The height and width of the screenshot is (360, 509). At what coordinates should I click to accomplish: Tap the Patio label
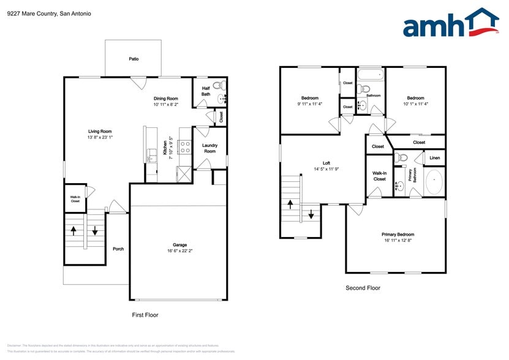click(134, 59)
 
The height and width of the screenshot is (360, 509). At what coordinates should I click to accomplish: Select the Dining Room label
click(165, 99)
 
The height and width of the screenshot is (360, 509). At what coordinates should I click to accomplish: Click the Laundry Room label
click(209, 148)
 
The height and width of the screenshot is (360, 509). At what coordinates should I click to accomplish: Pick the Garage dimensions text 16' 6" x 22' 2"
click(179, 250)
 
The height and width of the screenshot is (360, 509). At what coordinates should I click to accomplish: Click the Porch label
click(118, 249)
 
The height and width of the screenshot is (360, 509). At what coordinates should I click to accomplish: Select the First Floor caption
click(145, 315)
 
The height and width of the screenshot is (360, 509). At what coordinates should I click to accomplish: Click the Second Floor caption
click(363, 287)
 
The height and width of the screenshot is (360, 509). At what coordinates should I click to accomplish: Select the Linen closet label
click(434, 158)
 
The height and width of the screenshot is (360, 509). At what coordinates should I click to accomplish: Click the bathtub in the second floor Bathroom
click(371, 77)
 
